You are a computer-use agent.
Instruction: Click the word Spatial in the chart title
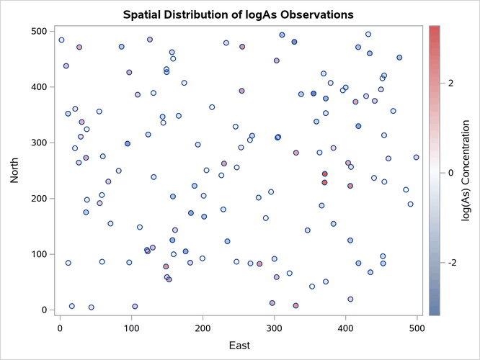pyautogui.click(x=143, y=14)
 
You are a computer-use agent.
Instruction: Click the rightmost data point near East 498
pyautogui.click(x=416, y=157)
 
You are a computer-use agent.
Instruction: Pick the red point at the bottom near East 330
pyautogui.click(x=295, y=305)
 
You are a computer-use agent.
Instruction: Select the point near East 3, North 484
pyautogui.click(x=61, y=40)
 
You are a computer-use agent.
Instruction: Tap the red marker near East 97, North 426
pyautogui.click(x=129, y=72)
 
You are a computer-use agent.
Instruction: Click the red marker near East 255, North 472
pyautogui.click(x=242, y=47)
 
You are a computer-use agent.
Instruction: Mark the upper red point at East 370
pyautogui.click(x=324, y=174)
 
